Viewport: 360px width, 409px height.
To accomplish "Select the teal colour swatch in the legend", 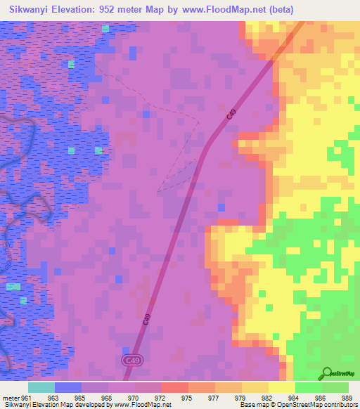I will coord(41,387).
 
